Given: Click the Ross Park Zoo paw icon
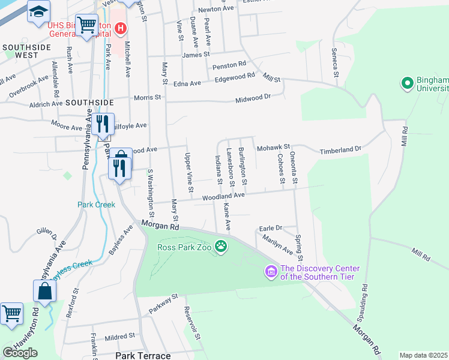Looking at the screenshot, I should coord(221,245).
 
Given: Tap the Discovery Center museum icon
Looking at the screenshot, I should coord(271,273).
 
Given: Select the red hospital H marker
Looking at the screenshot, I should coord(121,28).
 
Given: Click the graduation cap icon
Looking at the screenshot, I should coord(38,12).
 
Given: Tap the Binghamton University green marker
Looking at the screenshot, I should coord(408,83).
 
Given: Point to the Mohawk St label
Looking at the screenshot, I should coord(273,146).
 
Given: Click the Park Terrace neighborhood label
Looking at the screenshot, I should coord(143,356).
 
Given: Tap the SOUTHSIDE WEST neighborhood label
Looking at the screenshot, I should coord(23,50).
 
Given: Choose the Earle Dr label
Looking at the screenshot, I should coord(270,228).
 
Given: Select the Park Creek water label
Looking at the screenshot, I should coord(96,205).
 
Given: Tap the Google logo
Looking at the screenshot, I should coord(20,353).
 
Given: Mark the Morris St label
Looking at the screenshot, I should coord(148,97).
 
